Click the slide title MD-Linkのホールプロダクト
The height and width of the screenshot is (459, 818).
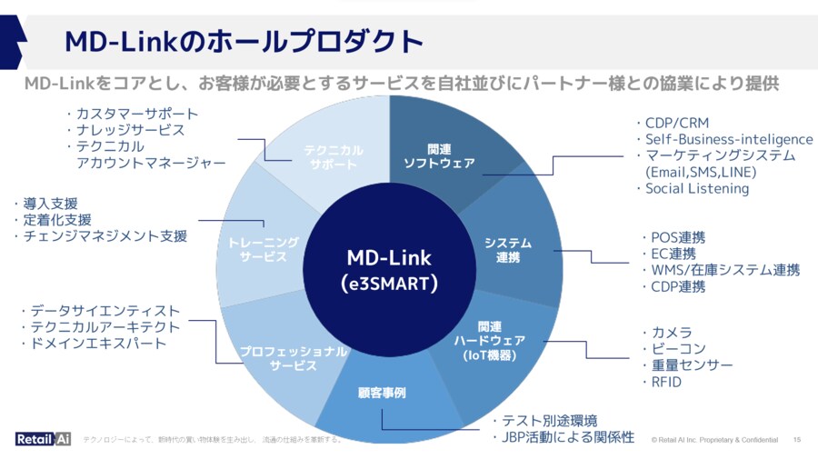[244, 42]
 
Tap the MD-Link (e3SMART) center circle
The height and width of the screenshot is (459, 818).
[389, 269]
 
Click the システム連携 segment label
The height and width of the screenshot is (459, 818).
[508, 250]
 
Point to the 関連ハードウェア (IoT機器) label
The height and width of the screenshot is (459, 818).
[489, 340]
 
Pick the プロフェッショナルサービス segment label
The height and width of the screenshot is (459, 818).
[293, 358]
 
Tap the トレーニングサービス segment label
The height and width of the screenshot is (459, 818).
[264, 250]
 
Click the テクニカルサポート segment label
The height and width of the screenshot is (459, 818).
[333, 157]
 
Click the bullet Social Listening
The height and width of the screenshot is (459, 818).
[696, 188]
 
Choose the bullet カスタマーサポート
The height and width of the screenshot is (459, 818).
[136, 114]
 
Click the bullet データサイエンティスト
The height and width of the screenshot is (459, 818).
[105, 311]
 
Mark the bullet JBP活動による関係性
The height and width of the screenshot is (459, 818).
[568, 436]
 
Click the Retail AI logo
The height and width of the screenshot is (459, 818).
[43, 439]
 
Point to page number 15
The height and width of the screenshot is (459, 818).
[797, 440]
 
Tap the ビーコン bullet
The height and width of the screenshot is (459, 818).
[677, 349]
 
